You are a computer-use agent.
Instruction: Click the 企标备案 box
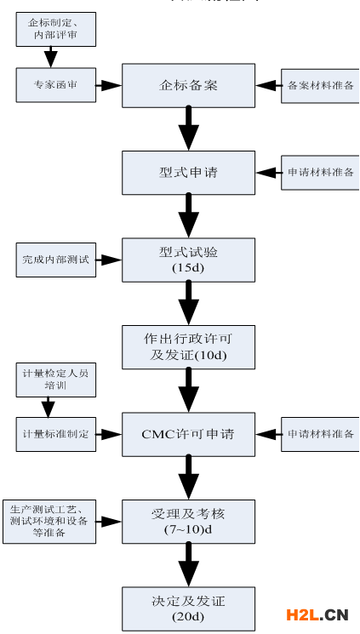pyautogui.click(x=188, y=85)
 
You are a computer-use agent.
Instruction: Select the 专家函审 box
pyautogui.click(x=55, y=85)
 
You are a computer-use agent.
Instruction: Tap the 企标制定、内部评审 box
pyautogui.click(x=55, y=31)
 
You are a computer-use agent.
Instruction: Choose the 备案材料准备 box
pyautogui.click(x=320, y=86)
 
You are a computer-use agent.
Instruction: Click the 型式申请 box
pyautogui.click(x=188, y=173)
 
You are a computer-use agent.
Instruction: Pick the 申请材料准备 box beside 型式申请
pyautogui.click(x=320, y=173)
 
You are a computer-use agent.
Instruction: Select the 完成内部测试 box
pyautogui.click(x=55, y=260)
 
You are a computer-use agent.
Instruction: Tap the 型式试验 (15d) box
pyautogui.click(x=188, y=260)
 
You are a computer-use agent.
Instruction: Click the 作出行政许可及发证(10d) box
pyautogui.click(x=188, y=346)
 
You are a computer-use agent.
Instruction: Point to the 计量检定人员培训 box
pyautogui.click(x=55, y=380)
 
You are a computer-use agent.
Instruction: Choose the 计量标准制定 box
pyautogui.click(x=55, y=434)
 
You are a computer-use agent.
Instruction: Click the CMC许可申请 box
pyautogui.click(x=188, y=434)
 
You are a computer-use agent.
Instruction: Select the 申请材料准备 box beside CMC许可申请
pyautogui.click(x=320, y=434)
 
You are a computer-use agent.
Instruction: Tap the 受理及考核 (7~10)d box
pyautogui.click(x=188, y=521)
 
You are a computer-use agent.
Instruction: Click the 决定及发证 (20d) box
pyautogui.click(x=188, y=608)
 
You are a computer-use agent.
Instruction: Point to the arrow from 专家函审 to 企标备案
pyautogui.click(x=109, y=85)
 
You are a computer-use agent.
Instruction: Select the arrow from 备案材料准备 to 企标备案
pyautogui.click(x=268, y=86)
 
